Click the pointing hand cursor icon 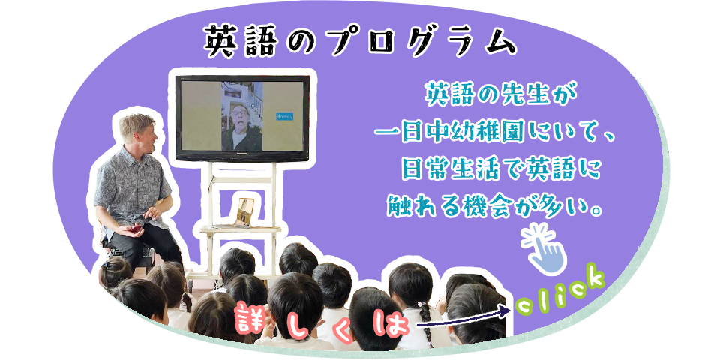(x=545, y=249)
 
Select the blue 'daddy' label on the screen (x=285, y=117)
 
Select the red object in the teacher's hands (x=136, y=228)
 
